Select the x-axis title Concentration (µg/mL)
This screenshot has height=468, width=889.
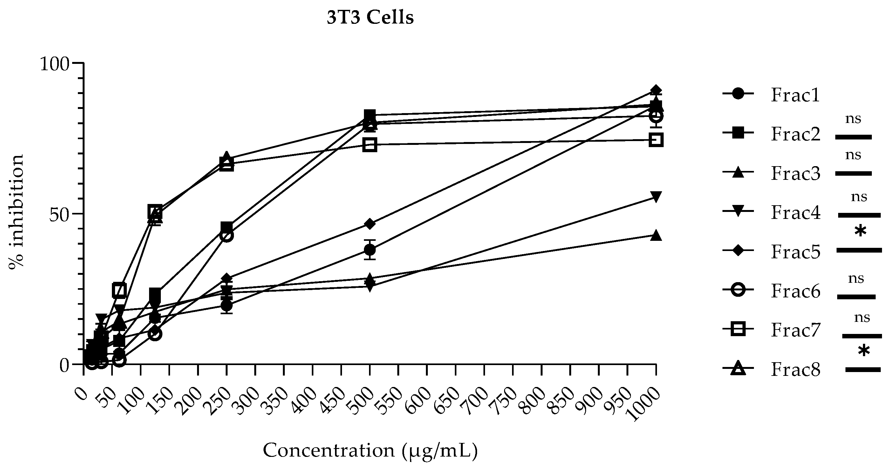(370, 451)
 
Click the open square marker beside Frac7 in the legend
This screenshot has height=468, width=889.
(738, 329)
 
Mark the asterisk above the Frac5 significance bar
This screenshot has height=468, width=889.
(860, 231)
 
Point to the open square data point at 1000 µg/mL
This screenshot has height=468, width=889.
(656, 140)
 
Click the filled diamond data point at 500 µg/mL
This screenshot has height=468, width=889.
(370, 224)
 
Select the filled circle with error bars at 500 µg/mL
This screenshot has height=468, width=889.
(370, 249)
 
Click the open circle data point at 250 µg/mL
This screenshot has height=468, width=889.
(226, 235)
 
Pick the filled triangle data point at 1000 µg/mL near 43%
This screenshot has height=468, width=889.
(656, 235)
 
